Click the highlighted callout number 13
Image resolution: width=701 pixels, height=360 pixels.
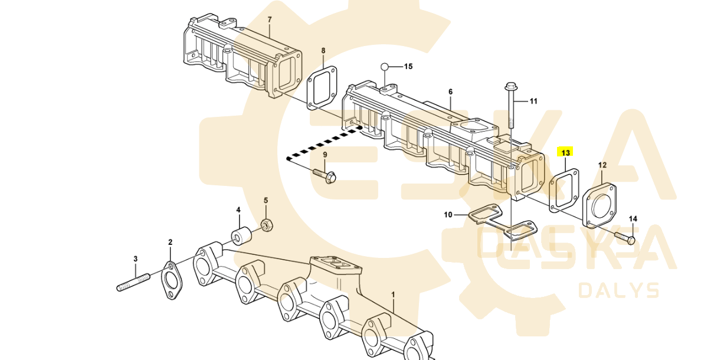click(x=565, y=153)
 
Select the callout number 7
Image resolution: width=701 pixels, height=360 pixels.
click(x=270, y=20)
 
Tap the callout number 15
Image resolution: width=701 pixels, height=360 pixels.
click(x=408, y=66)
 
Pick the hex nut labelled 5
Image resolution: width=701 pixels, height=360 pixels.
click(x=266, y=224)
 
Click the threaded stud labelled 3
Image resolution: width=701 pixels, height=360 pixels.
click(x=135, y=281)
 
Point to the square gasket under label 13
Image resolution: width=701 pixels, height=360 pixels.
click(x=564, y=190)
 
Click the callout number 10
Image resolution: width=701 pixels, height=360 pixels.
click(x=448, y=215)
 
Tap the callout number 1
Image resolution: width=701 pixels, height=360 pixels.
click(x=394, y=293)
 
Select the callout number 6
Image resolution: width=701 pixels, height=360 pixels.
click(x=450, y=92)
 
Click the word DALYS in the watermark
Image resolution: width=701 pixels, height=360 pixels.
click(x=619, y=290)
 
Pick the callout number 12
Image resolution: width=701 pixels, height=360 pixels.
click(x=602, y=165)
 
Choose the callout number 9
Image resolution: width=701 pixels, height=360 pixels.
click(x=324, y=155)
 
